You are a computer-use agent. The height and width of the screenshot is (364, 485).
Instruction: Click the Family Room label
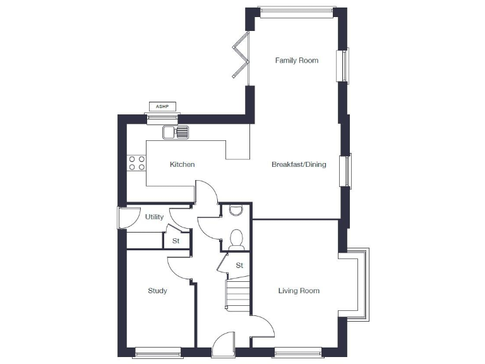click(296, 61)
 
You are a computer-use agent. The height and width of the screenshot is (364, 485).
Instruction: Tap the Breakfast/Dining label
click(299, 165)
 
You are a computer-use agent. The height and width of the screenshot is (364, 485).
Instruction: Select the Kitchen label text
click(182, 165)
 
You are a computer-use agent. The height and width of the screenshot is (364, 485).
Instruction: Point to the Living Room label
click(299, 291)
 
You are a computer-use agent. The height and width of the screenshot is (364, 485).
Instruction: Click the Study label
click(157, 291)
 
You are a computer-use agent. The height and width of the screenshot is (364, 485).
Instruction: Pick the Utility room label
click(154, 217)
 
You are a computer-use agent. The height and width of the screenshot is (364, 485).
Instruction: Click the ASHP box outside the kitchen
click(162, 106)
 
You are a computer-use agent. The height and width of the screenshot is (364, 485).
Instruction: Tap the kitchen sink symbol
click(176, 132)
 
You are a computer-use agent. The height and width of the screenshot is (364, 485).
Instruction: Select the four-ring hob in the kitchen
click(137, 163)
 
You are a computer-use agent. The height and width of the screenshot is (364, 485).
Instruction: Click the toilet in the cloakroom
click(237, 238)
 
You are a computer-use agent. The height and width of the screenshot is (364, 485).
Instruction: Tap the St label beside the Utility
click(176, 241)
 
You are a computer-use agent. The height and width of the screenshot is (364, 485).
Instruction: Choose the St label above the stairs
click(239, 265)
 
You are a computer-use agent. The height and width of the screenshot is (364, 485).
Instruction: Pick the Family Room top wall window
click(296, 10)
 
